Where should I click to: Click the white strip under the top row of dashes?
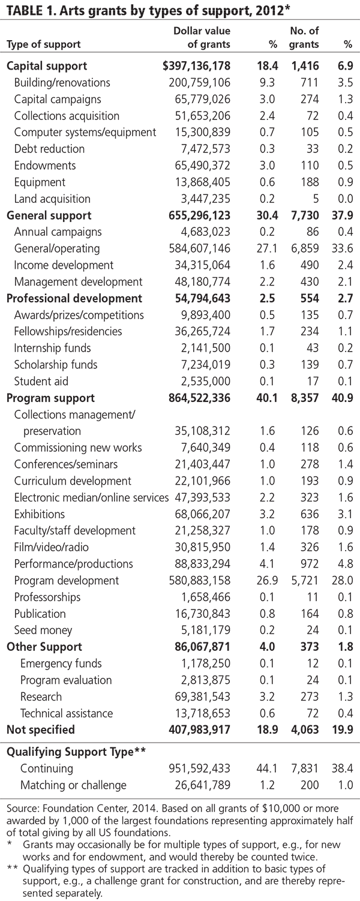[x=150, y=13]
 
